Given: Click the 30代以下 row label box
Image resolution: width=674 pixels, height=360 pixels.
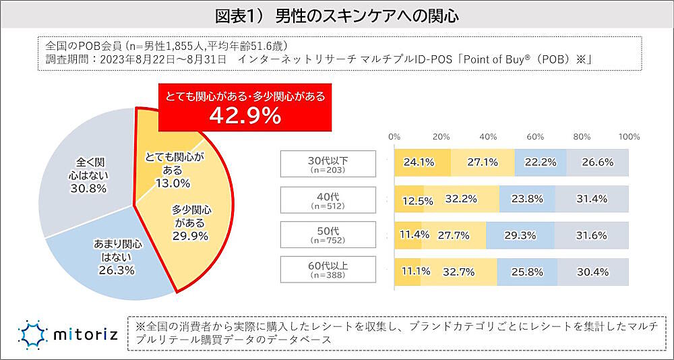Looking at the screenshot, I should [x=328, y=162].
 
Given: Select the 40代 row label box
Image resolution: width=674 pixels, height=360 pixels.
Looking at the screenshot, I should [x=328, y=199].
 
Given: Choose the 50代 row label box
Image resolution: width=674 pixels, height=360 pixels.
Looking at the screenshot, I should [x=328, y=235].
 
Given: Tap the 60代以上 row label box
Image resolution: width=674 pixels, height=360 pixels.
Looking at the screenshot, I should [x=328, y=271].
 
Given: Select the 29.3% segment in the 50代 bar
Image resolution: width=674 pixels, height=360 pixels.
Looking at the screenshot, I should [x=519, y=235].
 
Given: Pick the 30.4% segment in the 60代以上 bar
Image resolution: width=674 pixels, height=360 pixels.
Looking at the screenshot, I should [x=593, y=272].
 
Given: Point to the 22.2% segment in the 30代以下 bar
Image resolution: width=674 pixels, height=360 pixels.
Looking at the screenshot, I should [x=540, y=162].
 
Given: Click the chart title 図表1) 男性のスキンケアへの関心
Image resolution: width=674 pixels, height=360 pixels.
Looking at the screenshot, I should [x=337, y=16].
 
